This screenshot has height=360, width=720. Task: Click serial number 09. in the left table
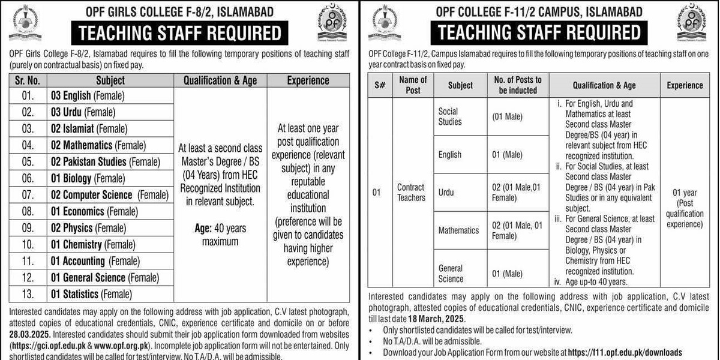pos(28,228)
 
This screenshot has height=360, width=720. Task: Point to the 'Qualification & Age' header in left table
pos(220,80)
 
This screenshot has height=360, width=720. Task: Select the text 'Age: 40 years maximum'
pos(220,235)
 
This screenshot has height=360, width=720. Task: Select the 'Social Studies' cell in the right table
pos(450,116)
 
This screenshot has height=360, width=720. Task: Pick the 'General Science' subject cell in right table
pos(451,274)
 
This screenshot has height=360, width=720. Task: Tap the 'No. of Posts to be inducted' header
pos(517,85)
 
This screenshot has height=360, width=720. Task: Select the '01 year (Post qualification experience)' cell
pos(685,208)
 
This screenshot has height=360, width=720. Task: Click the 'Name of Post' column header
pos(413,85)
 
